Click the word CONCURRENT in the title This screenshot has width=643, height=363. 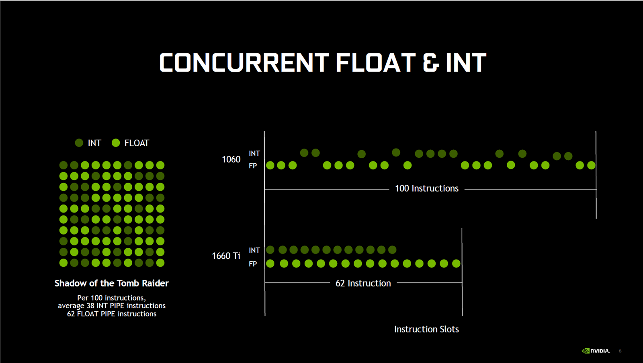click(244, 62)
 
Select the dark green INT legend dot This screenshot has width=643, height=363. click(79, 143)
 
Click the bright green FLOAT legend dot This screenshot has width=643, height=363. click(116, 143)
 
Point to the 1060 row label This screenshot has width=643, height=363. click(231, 159)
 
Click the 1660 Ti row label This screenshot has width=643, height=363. click(226, 256)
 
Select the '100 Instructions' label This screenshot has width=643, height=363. click(426, 188)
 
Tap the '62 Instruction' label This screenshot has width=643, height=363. click(363, 283)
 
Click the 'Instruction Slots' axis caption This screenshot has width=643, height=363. click(426, 329)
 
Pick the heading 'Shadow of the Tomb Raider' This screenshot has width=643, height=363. click(112, 283)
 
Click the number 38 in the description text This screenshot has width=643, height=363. click(90, 305)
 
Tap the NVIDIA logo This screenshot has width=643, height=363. click(596, 351)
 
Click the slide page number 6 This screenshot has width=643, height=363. click(620, 351)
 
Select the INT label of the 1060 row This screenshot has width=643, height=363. click(254, 153)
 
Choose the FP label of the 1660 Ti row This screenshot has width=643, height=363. click(253, 264)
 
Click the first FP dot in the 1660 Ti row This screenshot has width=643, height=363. click(270, 263)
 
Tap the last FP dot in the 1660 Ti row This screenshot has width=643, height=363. click(456, 263)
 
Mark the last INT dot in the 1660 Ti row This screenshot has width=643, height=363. click(392, 250)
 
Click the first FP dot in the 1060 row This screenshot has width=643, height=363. click(270, 165)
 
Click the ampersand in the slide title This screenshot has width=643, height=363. click(430, 62)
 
